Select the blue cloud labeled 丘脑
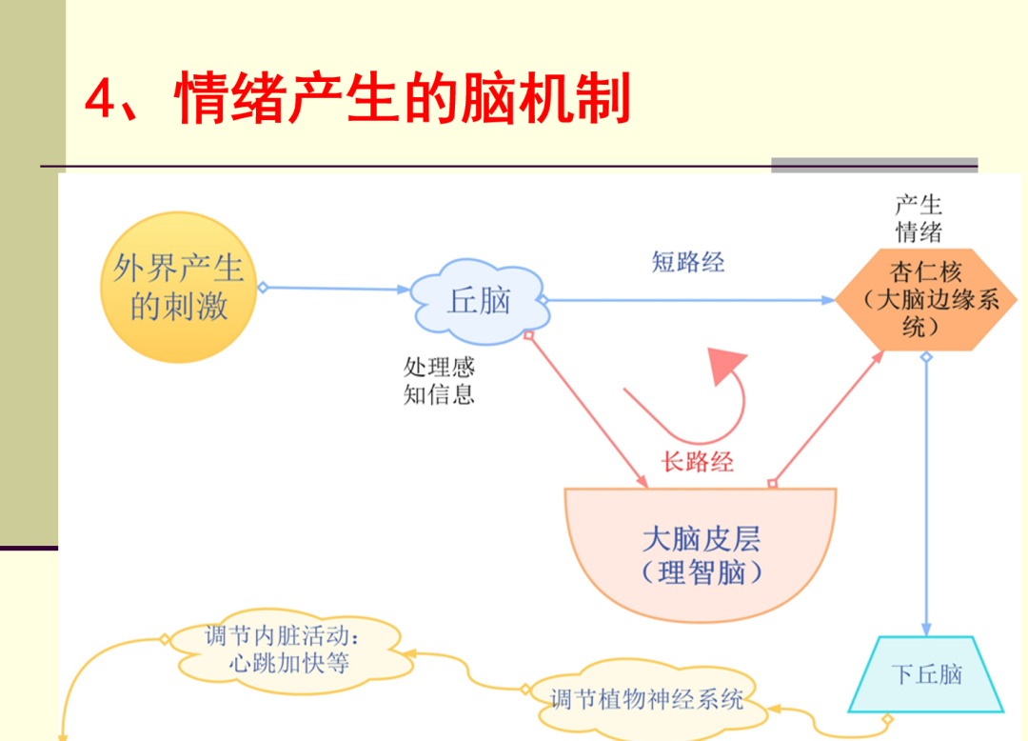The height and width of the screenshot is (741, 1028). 479,301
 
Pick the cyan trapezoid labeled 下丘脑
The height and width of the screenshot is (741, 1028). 926,674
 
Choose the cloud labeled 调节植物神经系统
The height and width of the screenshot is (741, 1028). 646,699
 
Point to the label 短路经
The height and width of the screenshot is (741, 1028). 688,262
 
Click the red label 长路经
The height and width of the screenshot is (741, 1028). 698,462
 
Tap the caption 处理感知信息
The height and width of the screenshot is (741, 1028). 439,381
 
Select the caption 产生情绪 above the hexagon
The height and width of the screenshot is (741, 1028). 919,218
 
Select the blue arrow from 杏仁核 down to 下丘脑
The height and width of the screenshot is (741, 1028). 926,495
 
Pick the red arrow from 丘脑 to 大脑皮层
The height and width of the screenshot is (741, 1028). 583,410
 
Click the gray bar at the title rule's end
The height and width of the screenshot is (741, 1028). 874,165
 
